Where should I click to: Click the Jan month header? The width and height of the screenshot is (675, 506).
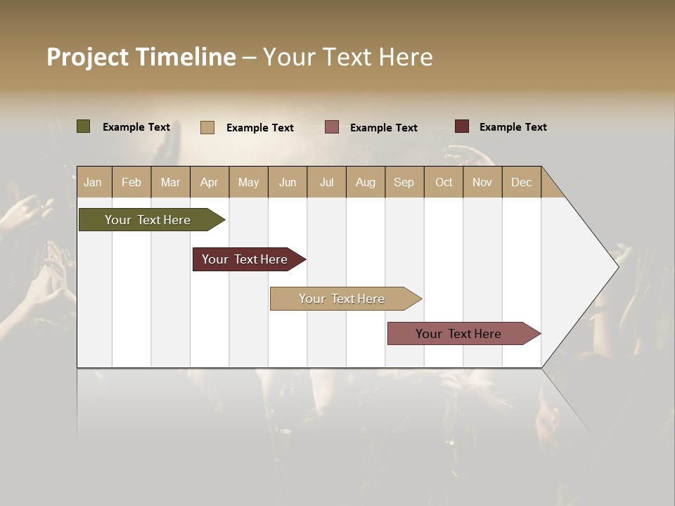94,182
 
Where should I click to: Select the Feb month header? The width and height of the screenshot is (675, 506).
131,182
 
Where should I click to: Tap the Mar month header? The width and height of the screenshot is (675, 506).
170,182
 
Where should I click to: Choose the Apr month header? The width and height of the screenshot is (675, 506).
210,182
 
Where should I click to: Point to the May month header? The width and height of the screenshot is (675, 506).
248,182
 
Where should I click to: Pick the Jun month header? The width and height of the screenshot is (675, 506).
288,182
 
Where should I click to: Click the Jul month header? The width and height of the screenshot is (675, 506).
326,182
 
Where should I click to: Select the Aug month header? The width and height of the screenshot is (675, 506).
366,182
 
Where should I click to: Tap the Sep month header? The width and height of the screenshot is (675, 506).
404,182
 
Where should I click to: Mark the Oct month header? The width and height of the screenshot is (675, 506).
444,182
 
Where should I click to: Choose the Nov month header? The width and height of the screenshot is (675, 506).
482,182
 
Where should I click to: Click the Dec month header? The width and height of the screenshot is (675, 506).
522,182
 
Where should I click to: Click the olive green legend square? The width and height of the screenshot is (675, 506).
84,126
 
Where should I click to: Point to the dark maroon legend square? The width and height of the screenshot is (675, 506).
462,126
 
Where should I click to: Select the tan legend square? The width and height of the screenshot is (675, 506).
207,127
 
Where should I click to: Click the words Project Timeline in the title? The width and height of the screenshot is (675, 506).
141,57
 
